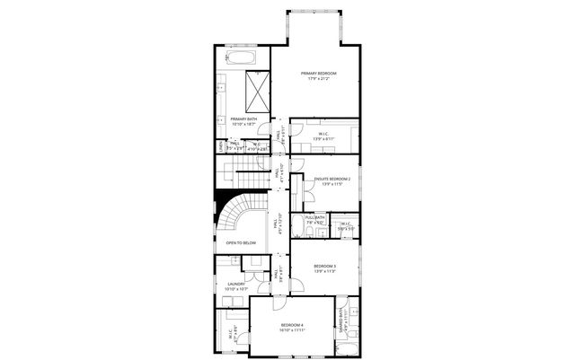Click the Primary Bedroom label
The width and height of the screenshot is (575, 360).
pyautogui.click(x=318, y=74)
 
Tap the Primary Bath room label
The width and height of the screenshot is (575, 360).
pyautogui.click(x=243, y=119)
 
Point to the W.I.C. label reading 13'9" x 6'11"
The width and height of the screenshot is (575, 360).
pyautogui.click(x=323, y=136)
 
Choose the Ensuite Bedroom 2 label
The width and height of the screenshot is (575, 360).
pyautogui.click(x=332, y=180)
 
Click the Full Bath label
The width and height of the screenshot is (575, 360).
pyautogui.click(x=314, y=218)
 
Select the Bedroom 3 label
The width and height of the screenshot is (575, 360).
pyautogui.click(x=324, y=267)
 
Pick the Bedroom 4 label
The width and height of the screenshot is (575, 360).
pyautogui.click(x=291, y=324)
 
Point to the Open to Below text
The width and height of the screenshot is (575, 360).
pyautogui.click(x=241, y=242)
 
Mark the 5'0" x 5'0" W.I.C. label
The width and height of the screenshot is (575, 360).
pyautogui.click(x=345, y=225)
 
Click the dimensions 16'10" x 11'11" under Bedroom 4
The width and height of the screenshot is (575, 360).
pyautogui.click(x=291, y=329)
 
